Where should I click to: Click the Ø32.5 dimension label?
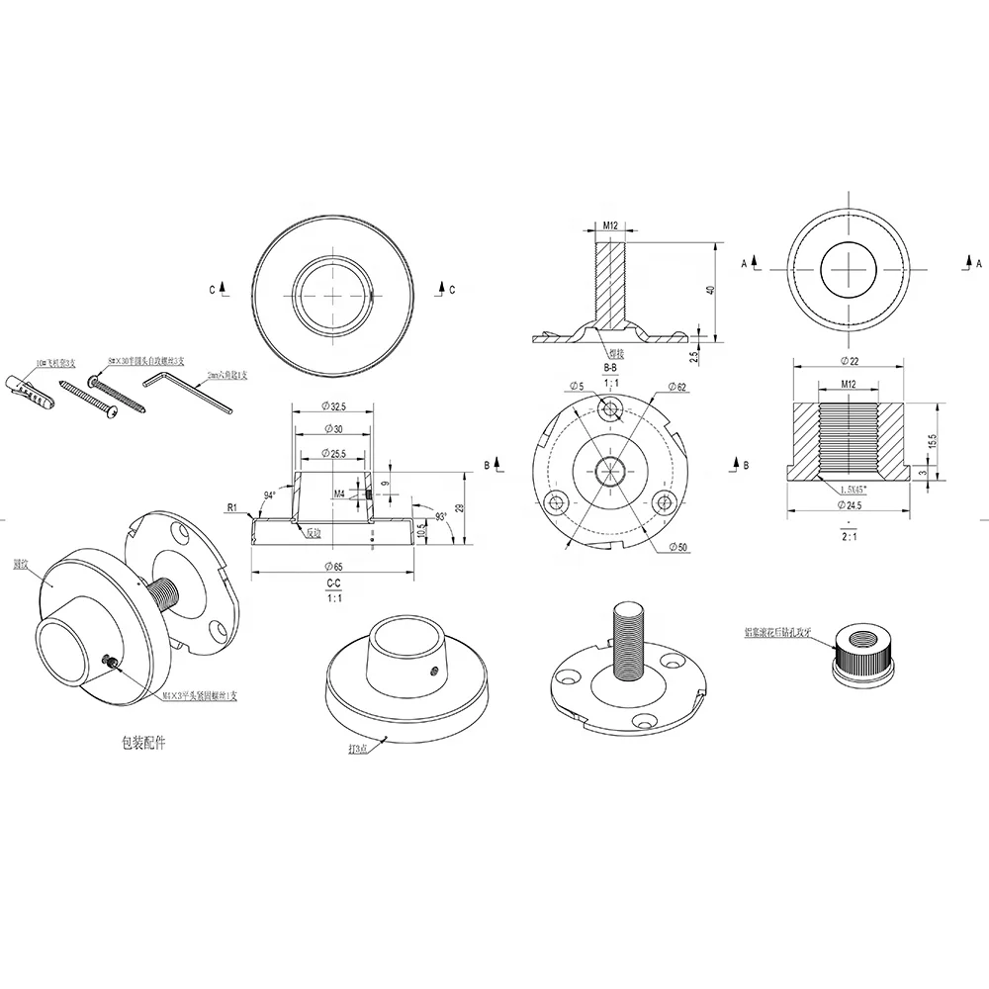[334, 405]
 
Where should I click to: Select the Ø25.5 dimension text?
[334, 453]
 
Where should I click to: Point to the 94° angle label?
[270, 494]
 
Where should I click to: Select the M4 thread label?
[339, 493]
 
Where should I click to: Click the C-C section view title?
[334, 584]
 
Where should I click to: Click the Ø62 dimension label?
[677, 387]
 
